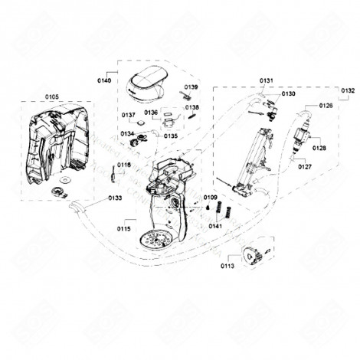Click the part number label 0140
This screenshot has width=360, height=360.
(x=104, y=80)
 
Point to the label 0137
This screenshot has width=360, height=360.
(x=129, y=115)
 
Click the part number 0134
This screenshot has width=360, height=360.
(x=127, y=134)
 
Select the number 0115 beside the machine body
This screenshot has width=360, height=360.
(x=124, y=229)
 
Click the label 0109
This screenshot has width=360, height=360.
(x=211, y=198)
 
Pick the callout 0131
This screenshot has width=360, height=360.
(x=266, y=80)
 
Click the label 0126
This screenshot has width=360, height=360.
(x=326, y=105)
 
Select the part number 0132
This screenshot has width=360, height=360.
(x=348, y=90)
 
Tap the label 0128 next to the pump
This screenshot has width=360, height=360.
(x=319, y=148)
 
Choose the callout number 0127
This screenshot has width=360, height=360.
(x=306, y=166)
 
